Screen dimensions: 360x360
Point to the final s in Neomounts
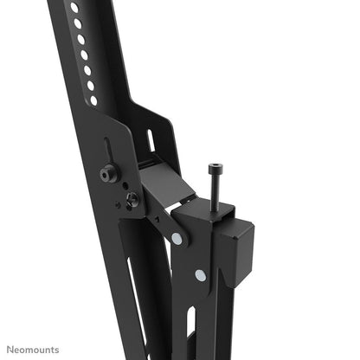[x=57, y=349]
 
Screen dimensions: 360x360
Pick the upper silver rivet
[x=177, y=237]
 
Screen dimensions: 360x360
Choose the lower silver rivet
[x=201, y=275]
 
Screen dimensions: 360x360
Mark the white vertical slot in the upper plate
[x=151, y=138]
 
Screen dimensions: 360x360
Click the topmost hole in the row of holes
[x=74, y=8]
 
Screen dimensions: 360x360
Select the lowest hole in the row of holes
[x=93, y=100]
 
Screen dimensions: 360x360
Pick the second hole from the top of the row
[x=78, y=23]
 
